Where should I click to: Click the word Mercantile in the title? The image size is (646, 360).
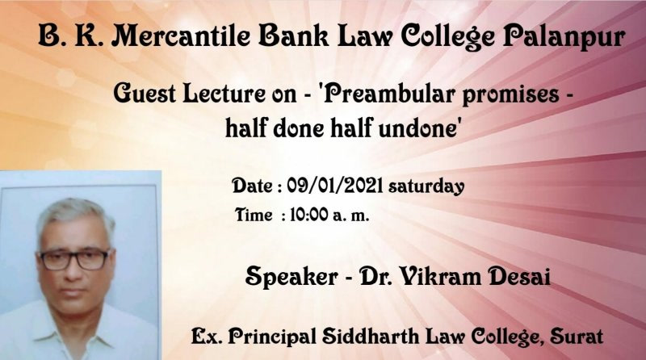tap(180, 36)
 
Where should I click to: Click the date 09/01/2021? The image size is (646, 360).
tap(334, 186)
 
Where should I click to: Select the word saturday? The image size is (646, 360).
tap(426, 186)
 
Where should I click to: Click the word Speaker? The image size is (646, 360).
tap(292, 276)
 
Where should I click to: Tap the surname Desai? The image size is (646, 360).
tap(519, 276)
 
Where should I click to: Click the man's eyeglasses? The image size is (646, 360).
tap(74, 259)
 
